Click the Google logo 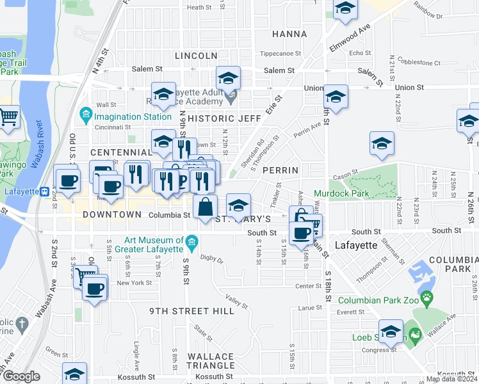click(x=20, y=377)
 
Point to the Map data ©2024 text click(x=451, y=379)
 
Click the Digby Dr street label click(x=211, y=260)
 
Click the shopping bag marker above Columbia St click(x=205, y=209)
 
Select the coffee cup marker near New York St click(x=95, y=288)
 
